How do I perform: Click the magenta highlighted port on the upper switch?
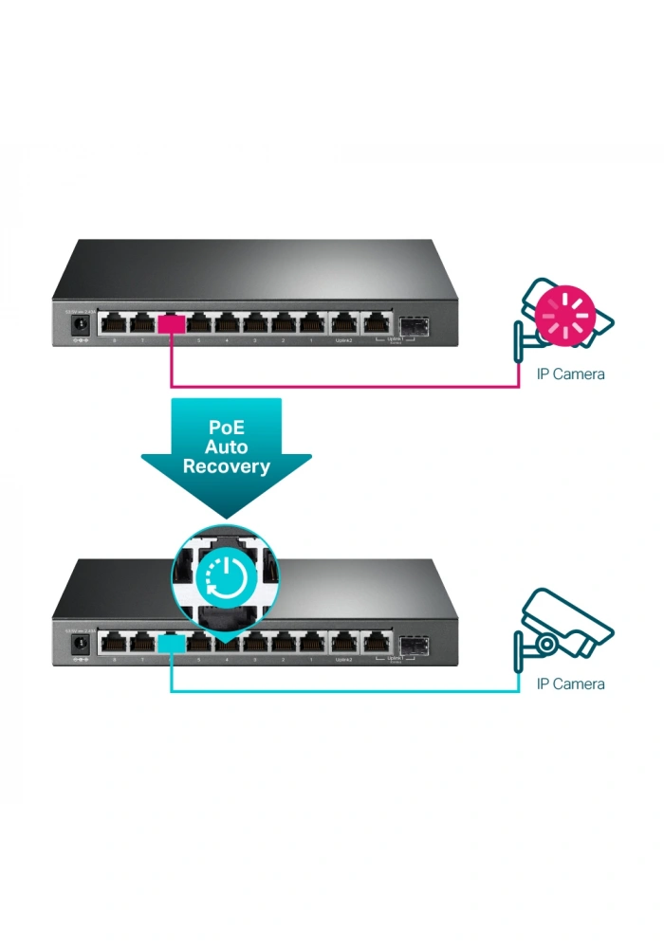point(172,324)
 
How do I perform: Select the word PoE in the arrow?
point(226,428)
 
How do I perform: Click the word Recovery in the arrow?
point(226,465)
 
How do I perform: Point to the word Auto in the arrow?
point(226,447)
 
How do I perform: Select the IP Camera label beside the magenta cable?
point(570,374)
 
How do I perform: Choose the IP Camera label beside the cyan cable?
point(570,684)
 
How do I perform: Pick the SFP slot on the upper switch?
point(414,325)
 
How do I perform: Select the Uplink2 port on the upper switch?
point(342,323)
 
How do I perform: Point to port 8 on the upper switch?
point(115,323)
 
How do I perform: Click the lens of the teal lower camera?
point(546,643)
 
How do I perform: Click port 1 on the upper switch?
point(311,323)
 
